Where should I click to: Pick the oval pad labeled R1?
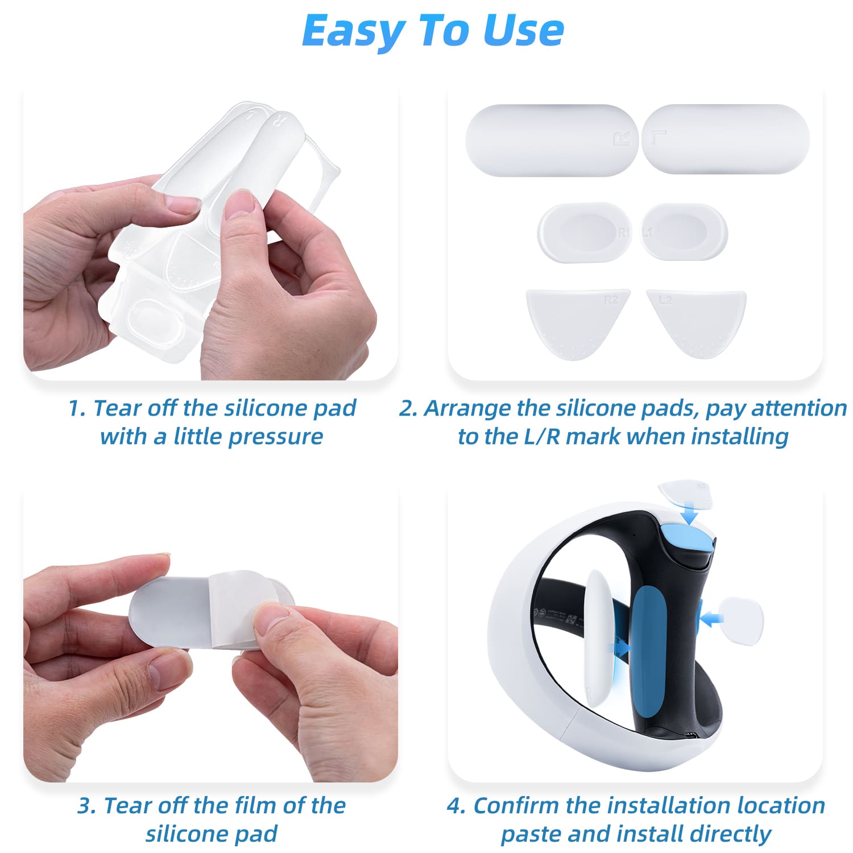point(585,232)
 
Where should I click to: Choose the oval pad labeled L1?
point(684,232)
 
